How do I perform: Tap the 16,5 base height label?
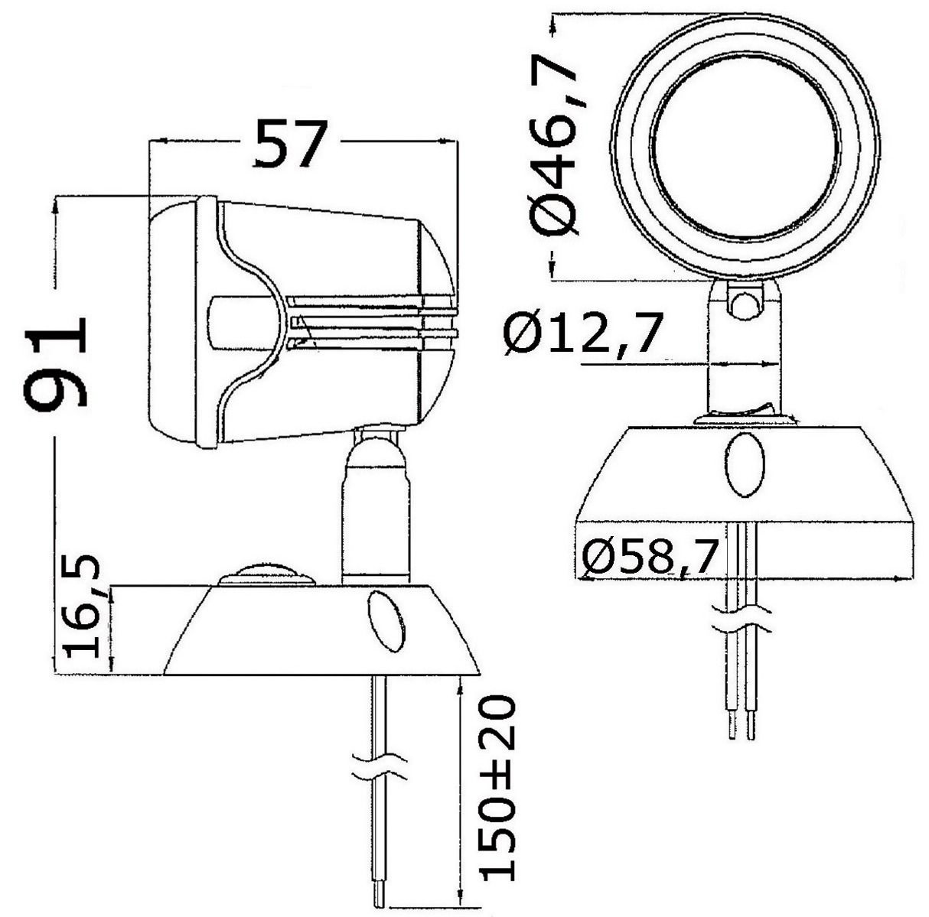click(x=83, y=609)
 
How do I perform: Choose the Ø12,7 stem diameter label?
click(x=582, y=335)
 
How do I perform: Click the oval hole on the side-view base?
click(x=387, y=620)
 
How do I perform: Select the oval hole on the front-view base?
click(x=744, y=465)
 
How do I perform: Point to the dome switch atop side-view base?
click(x=266, y=574)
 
